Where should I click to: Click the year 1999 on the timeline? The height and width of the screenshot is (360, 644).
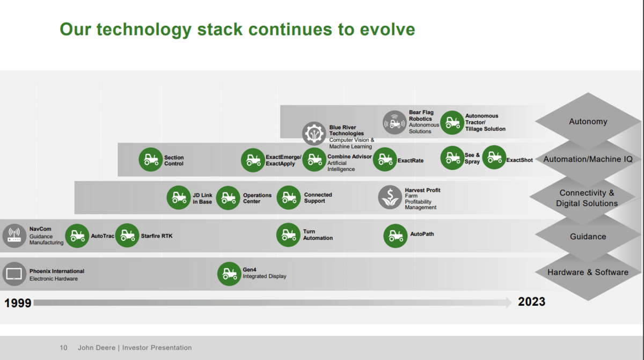pos(18,303)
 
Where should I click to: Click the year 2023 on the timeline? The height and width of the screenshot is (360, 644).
pos(531,302)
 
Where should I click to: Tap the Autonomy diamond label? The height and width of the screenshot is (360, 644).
pos(588,122)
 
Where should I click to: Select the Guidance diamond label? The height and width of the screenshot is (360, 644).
pos(588,237)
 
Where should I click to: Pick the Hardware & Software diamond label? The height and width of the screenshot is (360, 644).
pos(588,273)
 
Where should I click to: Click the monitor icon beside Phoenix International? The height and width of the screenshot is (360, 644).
pos(14,274)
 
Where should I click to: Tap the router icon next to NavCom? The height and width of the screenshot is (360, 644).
pos(14,236)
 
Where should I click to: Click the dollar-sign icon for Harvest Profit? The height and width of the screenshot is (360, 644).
pos(390,197)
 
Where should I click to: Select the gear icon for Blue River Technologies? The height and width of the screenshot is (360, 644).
pos(314,134)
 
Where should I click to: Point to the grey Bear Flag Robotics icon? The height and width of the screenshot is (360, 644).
pos(394,122)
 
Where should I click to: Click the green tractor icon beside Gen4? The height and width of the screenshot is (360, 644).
pos(229,274)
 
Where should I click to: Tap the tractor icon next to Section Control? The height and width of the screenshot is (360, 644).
pos(151,160)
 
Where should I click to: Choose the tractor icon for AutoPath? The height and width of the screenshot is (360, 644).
pos(396,236)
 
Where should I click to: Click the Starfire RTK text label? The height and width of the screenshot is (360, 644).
pos(157,236)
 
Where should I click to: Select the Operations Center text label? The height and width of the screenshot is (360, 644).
pos(257,199)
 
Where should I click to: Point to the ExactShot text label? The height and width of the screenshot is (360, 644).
pos(519,160)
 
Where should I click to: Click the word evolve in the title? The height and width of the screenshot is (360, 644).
pos(386,29)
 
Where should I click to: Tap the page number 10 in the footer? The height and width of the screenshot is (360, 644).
pos(63,348)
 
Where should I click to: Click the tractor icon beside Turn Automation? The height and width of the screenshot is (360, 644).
pos(288,235)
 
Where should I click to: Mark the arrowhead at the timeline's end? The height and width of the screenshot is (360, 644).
pos(508,303)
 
